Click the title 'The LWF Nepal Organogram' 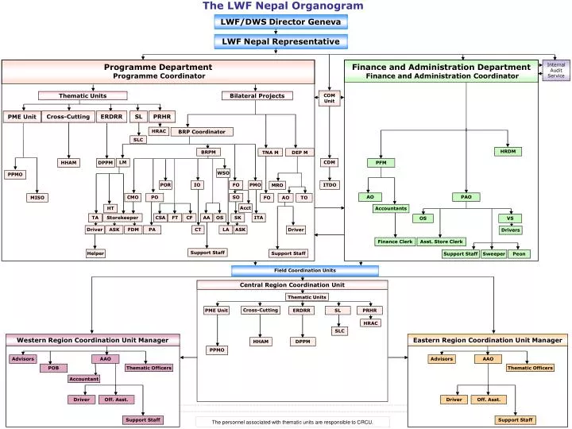click(x=283, y=6)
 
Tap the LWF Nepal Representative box click(x=280, y=41)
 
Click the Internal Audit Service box click(x=556, y=70)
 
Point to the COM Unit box click(x=329, y=99)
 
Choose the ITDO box click(x=329, y=184)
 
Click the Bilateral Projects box click(x=257, y=96)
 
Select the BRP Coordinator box click(x=202, y=132)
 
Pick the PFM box click(x=381, y=163)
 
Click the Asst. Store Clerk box click(x=442, y=242)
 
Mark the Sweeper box click(x=493, y=254)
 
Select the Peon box click(x=519, y=254)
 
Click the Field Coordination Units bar click(x=283, y=270)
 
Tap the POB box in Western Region click(x=53, y=368)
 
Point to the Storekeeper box click(x=122, y=217)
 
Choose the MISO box click(x=37, y=197)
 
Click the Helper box click(x=95, y=253)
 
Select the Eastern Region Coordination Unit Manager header click(x=488, y=340)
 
